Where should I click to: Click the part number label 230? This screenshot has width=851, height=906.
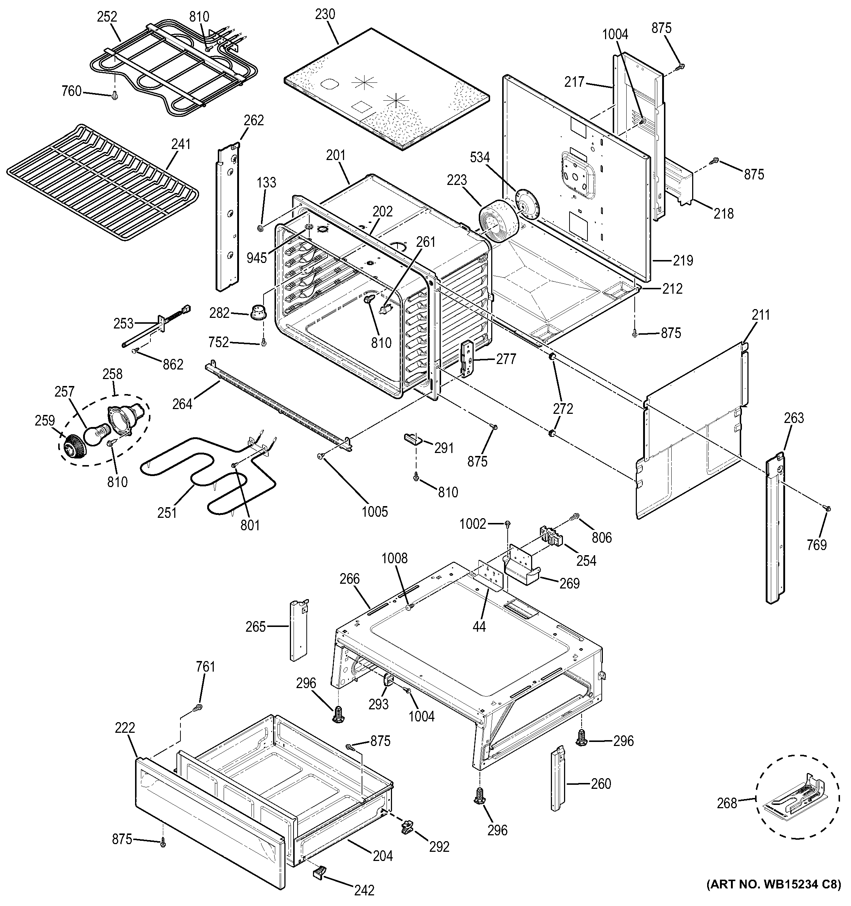pyautogui.click(x=325, y=14)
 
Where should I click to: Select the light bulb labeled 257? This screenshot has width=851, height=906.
pyautogui.click(x=96, y=432)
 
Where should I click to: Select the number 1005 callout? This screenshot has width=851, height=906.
pyautogui.click(x=375, y=511)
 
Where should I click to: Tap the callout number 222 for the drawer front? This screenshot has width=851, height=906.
pyautogui.click(x=125, y=727)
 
